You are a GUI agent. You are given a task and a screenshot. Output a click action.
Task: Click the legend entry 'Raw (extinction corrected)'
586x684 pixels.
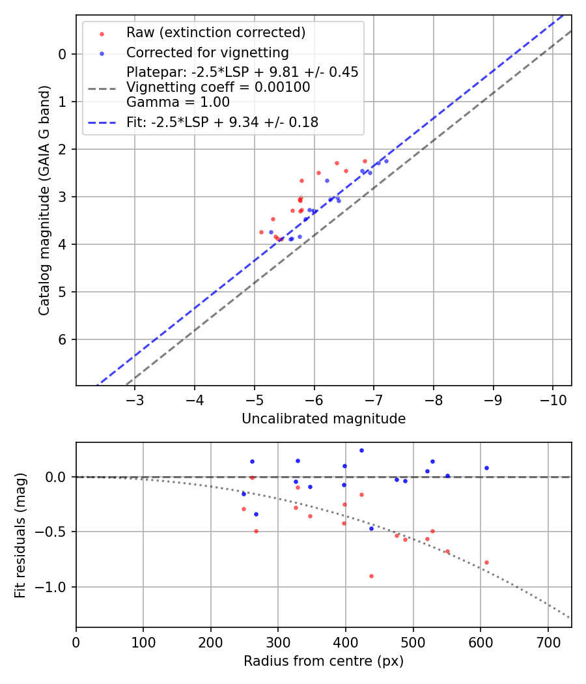pos(216,33)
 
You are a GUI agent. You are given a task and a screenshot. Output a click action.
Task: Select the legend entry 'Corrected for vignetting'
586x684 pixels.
pos(207,52)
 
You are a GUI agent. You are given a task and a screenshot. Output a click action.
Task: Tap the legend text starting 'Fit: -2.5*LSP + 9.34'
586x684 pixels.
pos(222,122)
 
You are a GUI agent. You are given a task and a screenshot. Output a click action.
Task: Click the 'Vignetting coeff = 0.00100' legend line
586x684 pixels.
pos(217,87)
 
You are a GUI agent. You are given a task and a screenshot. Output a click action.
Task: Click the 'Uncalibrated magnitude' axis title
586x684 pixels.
pos(324,419)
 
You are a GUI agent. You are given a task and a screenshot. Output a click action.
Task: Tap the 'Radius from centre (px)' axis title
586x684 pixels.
pos(324,661)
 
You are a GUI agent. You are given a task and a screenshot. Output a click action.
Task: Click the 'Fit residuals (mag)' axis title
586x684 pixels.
pos(20,535)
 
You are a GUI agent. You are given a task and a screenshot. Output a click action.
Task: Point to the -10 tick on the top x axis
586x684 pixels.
pos(553,399)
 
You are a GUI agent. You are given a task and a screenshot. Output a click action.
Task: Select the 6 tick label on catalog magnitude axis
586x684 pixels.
pos(63,339)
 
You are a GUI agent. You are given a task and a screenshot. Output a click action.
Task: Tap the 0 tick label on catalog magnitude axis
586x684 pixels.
pos(63,54)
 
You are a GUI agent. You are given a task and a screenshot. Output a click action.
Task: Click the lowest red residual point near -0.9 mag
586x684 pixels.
pos(371,576)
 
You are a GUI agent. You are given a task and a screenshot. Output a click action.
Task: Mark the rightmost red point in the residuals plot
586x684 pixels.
pos(486,562)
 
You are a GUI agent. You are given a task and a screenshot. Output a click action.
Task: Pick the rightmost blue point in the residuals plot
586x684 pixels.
pos(486,468)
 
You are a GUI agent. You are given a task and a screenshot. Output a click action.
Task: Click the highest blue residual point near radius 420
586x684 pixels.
pos(361,450)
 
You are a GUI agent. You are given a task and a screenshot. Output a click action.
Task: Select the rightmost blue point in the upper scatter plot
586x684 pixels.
pos(386,161)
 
